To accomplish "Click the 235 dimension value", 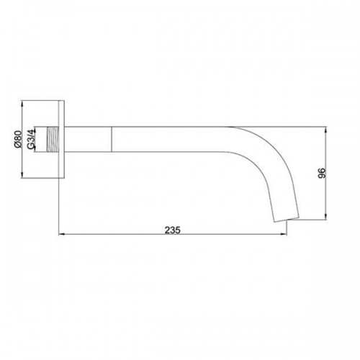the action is pos(172,230).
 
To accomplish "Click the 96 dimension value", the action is pos(321,173).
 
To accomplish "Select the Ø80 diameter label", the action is pos(18,140).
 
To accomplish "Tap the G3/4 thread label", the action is pos(31,140).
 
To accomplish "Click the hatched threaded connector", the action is pos(53,139).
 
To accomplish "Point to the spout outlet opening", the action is pos(287,220).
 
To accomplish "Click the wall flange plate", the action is pos(62,140).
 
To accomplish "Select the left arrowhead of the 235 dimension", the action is pos(62,234).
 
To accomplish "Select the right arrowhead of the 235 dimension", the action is pos(284,234).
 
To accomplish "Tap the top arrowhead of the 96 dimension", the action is pos(325,130).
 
